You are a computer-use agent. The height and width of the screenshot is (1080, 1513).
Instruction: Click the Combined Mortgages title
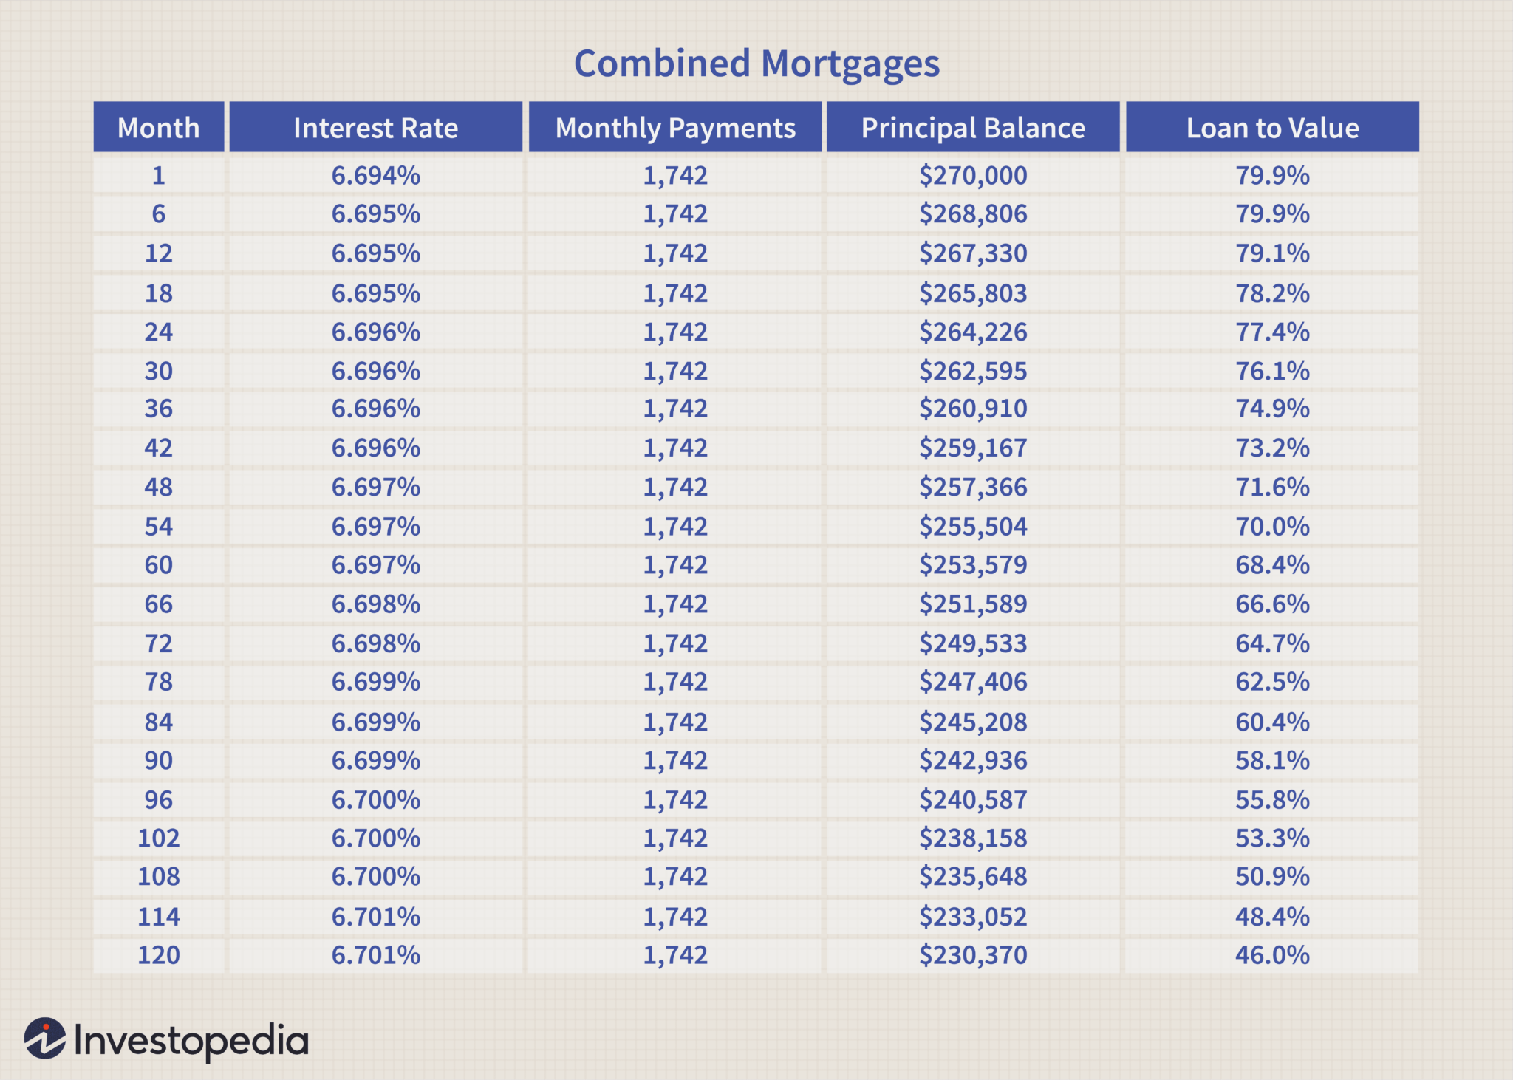756,64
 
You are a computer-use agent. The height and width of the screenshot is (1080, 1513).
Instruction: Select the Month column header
158,128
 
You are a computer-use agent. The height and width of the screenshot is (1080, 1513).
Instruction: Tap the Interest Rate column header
375,128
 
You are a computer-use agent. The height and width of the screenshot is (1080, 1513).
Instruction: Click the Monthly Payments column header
675,128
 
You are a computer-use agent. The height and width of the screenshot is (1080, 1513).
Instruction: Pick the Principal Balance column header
973,128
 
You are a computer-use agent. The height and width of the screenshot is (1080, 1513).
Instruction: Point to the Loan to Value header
1272,128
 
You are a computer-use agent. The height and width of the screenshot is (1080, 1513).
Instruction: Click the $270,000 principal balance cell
973,176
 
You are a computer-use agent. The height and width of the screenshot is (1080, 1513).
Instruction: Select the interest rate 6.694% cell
375,176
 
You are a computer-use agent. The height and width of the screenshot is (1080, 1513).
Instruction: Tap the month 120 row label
158,955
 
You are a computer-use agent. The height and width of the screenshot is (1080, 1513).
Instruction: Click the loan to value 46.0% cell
1272,955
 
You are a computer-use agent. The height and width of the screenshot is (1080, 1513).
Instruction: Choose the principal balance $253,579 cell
973,565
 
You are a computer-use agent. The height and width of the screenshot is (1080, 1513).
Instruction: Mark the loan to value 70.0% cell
1272,527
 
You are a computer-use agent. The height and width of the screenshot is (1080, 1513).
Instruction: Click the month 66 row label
158,604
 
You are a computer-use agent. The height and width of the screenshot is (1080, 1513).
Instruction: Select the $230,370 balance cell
973,955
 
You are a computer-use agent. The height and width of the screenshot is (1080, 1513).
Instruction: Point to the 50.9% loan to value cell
1272,877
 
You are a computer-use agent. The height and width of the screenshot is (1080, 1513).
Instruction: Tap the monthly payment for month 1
675,176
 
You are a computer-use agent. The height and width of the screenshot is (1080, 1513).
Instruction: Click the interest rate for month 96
375,800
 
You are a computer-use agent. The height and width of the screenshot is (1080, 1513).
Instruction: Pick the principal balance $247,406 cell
973,682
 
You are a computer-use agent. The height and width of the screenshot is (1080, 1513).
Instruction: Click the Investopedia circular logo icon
44,1039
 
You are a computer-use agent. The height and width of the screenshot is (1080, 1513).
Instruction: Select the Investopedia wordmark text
191,1041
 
